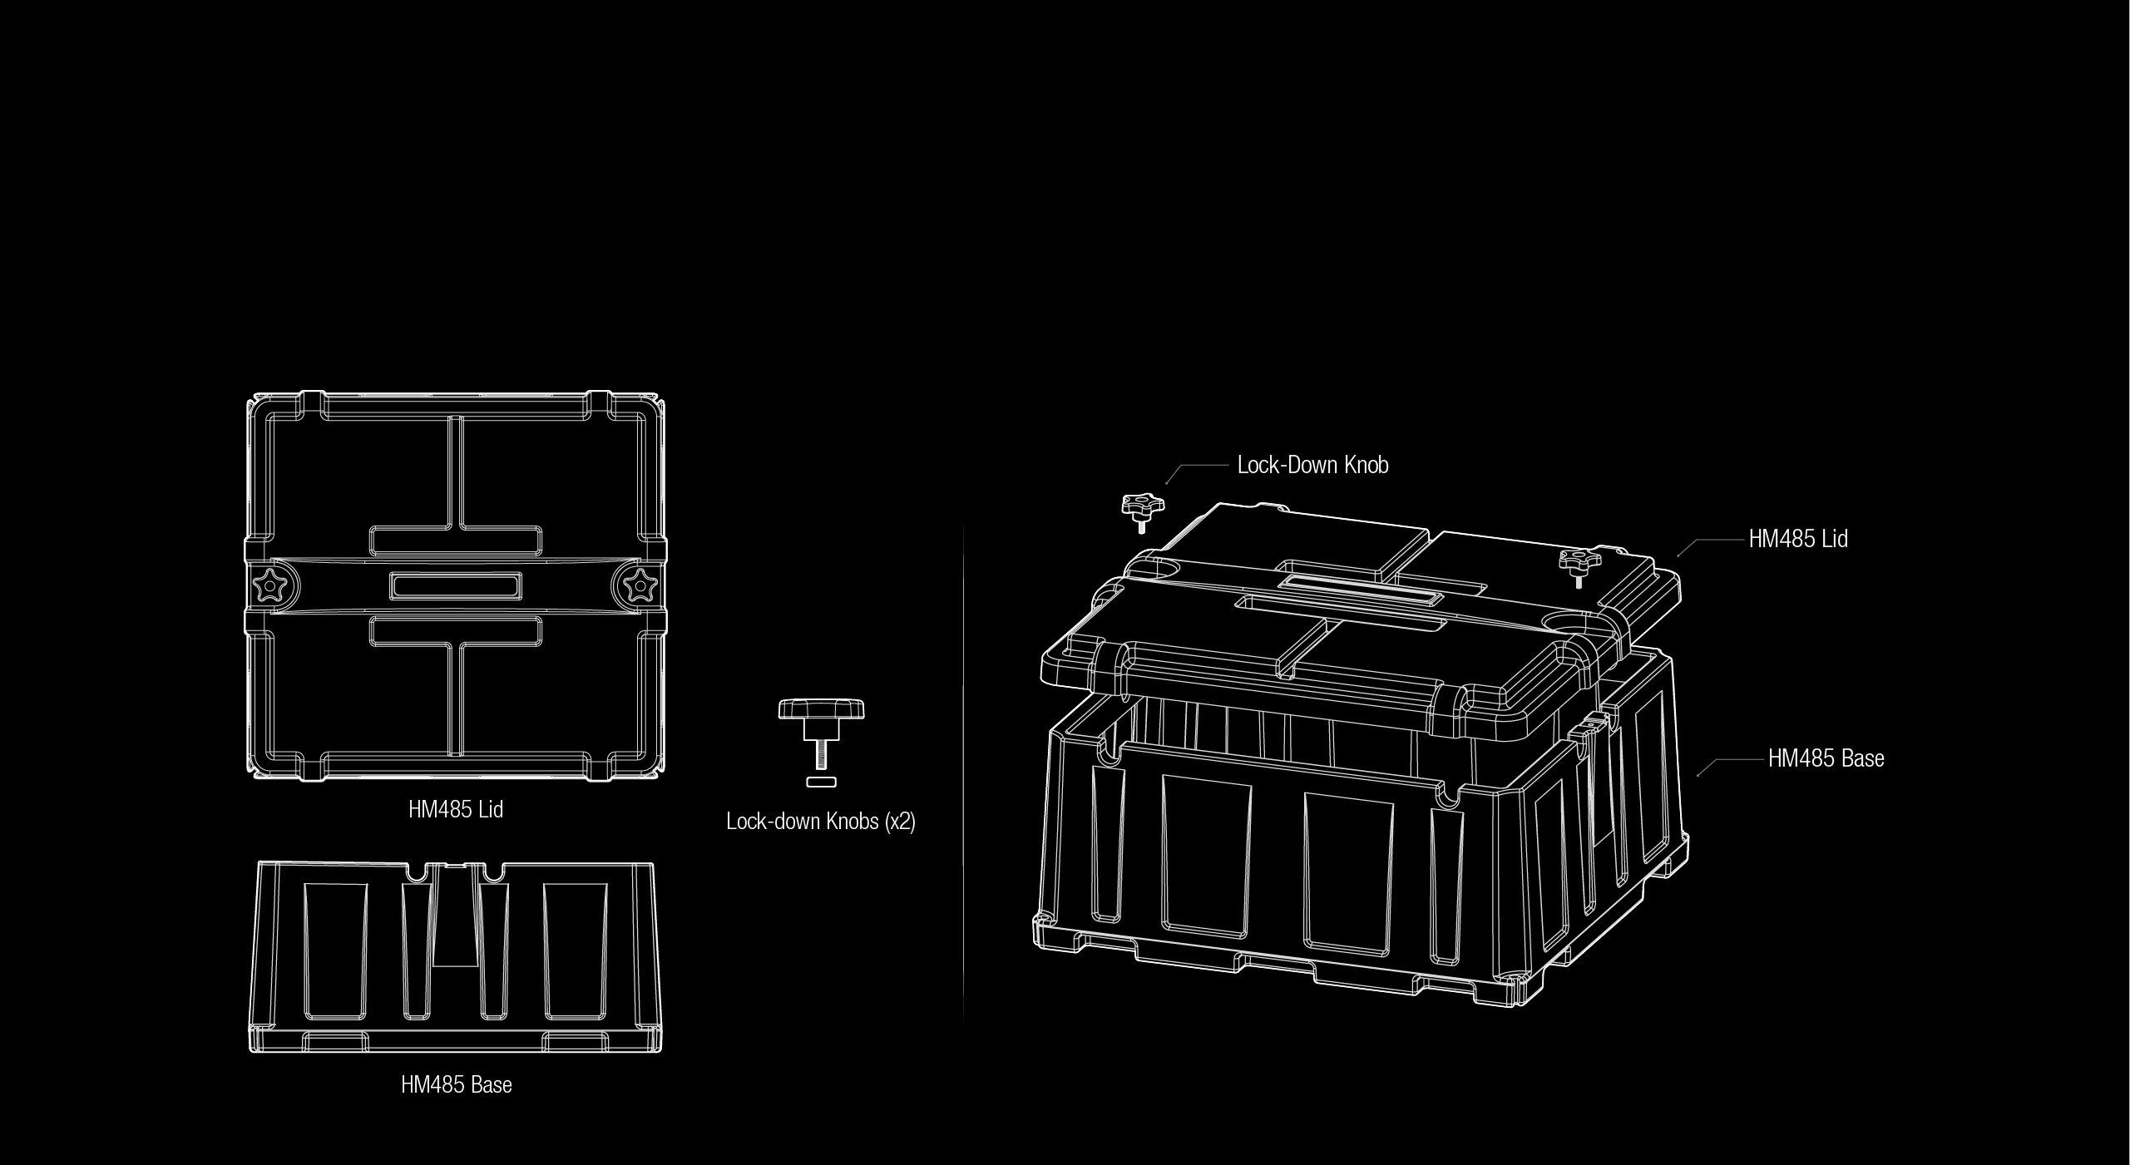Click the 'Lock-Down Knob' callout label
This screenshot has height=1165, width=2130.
[x=1312, y=464]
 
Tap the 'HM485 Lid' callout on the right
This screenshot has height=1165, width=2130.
[x=1798, y=539]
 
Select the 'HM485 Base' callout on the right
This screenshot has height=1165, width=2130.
[x=1826, y=758]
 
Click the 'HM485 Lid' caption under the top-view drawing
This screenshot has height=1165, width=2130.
[x=456, y=809]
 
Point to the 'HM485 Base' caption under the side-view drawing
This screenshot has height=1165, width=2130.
[x=457, y=1084]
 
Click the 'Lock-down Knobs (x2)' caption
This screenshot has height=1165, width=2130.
[x=821, y=822]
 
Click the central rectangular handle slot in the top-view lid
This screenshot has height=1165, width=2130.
[x=456, y=585]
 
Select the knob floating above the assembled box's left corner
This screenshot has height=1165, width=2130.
[x=1142, y=512]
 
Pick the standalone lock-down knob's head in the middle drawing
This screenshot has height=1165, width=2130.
[x=822, y=710]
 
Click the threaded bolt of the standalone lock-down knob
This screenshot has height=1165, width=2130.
[x=822, y=754]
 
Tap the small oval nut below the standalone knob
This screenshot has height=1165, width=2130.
[x=822, y=781]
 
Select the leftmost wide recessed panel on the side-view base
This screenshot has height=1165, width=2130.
[x=335, y=951]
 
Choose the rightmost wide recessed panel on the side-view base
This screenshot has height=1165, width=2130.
[x=576, y=951]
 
